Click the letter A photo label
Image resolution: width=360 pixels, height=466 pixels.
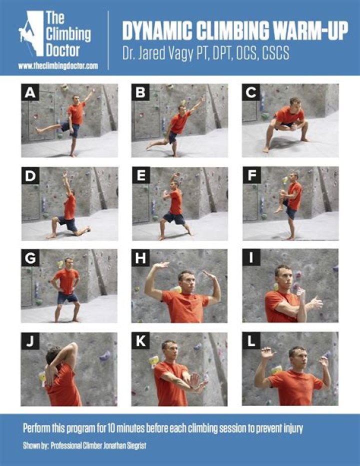pos(30,93)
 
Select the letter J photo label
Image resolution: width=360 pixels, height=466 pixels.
pos(30,341)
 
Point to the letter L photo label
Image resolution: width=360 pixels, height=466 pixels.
pos(251,341)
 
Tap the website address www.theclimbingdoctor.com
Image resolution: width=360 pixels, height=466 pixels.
pos(58,66)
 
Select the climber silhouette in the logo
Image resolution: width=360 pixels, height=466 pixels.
pos(26,31)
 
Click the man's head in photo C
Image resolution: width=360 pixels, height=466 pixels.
pos(295,104)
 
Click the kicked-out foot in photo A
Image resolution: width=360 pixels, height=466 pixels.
pos(37,130)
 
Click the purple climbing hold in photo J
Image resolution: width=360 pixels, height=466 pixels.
pos(105,355)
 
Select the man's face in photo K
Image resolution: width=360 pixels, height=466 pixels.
pos(170,350)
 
